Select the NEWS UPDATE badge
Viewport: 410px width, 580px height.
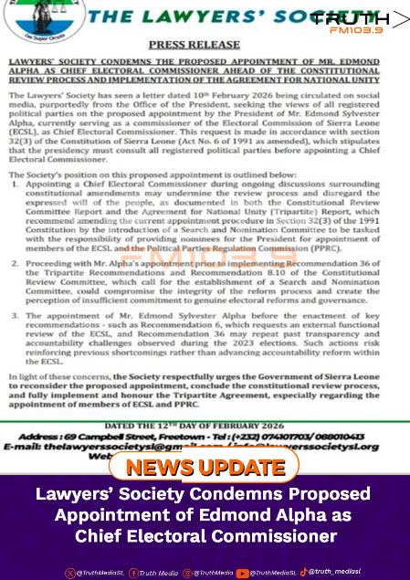(x=205, y=467)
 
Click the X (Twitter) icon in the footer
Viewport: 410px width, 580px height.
(x=69, y=573)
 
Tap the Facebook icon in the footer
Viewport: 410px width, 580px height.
(x=133, y=573)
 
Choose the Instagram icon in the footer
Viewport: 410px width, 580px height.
(x=187, y=573)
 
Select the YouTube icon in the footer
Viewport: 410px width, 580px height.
(x=242, y=573)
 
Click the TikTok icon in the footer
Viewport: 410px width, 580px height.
(x=303, y=572)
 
